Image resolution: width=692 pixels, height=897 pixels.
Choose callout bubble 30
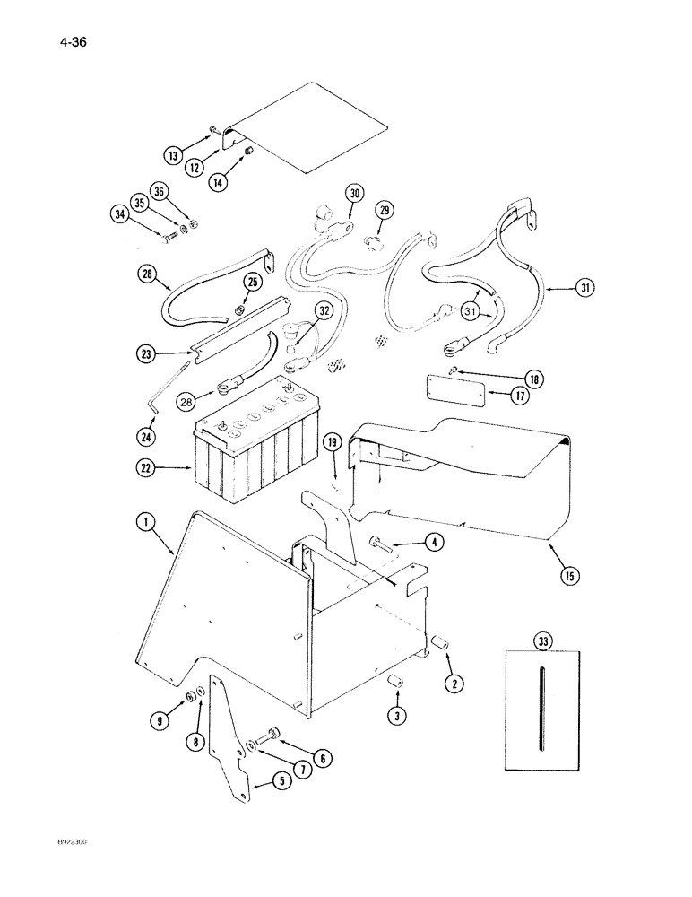pos(355,193)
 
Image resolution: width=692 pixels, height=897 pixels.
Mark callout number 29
pos(385,211)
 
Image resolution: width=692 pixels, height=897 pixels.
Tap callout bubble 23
pos(147,354)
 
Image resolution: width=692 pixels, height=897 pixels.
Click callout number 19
pos(332,441)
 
